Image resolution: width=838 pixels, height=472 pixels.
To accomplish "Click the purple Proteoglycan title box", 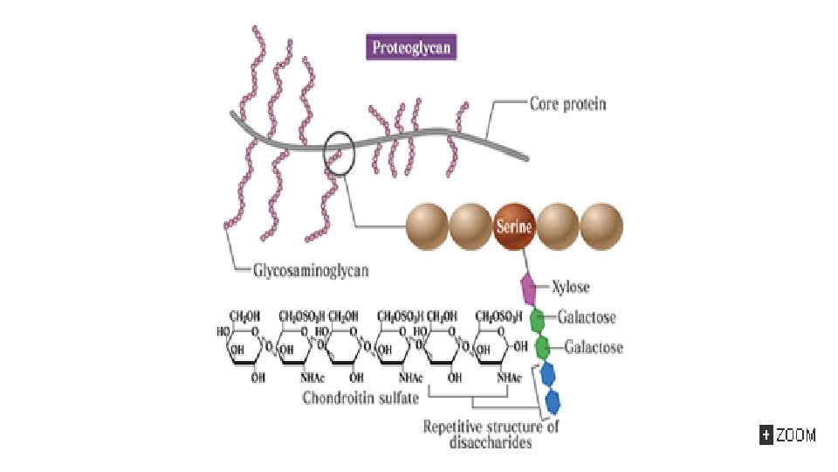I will [412, 47].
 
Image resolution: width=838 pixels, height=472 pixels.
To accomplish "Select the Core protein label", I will [567, 103].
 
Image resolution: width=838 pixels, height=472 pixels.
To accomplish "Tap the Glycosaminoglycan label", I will [310, 270].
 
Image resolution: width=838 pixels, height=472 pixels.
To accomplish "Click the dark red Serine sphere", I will [515, 226].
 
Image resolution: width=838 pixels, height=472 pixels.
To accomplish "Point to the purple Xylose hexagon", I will [528, 287].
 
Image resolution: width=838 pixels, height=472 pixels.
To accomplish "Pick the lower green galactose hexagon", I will [543, 347].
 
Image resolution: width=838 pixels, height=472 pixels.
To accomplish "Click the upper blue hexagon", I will [548, 375].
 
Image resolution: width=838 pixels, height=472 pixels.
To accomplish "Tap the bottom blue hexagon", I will [553, 403].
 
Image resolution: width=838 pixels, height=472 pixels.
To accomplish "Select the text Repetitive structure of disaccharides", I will [491, 434].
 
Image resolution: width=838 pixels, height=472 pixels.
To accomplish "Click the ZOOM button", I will [787, 434].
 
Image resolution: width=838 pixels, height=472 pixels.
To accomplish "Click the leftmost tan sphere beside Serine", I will [428, 226].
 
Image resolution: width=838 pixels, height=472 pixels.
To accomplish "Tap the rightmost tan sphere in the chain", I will [601, 226].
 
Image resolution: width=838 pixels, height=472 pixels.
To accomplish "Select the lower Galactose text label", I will [594, 347].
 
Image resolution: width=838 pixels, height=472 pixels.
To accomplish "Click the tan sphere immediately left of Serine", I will [471, 226].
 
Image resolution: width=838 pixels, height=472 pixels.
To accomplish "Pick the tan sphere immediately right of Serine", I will [558, 226].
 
